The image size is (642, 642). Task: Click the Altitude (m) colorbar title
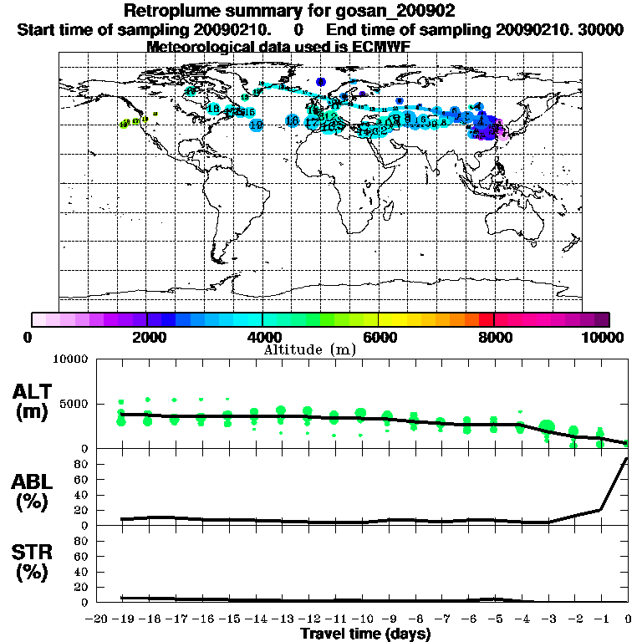310,349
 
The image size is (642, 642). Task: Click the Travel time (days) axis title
365,634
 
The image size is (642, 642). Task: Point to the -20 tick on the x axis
98,619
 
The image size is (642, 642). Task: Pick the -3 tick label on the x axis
547,619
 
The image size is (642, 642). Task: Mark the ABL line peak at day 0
627,459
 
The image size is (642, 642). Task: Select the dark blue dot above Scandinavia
321,82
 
